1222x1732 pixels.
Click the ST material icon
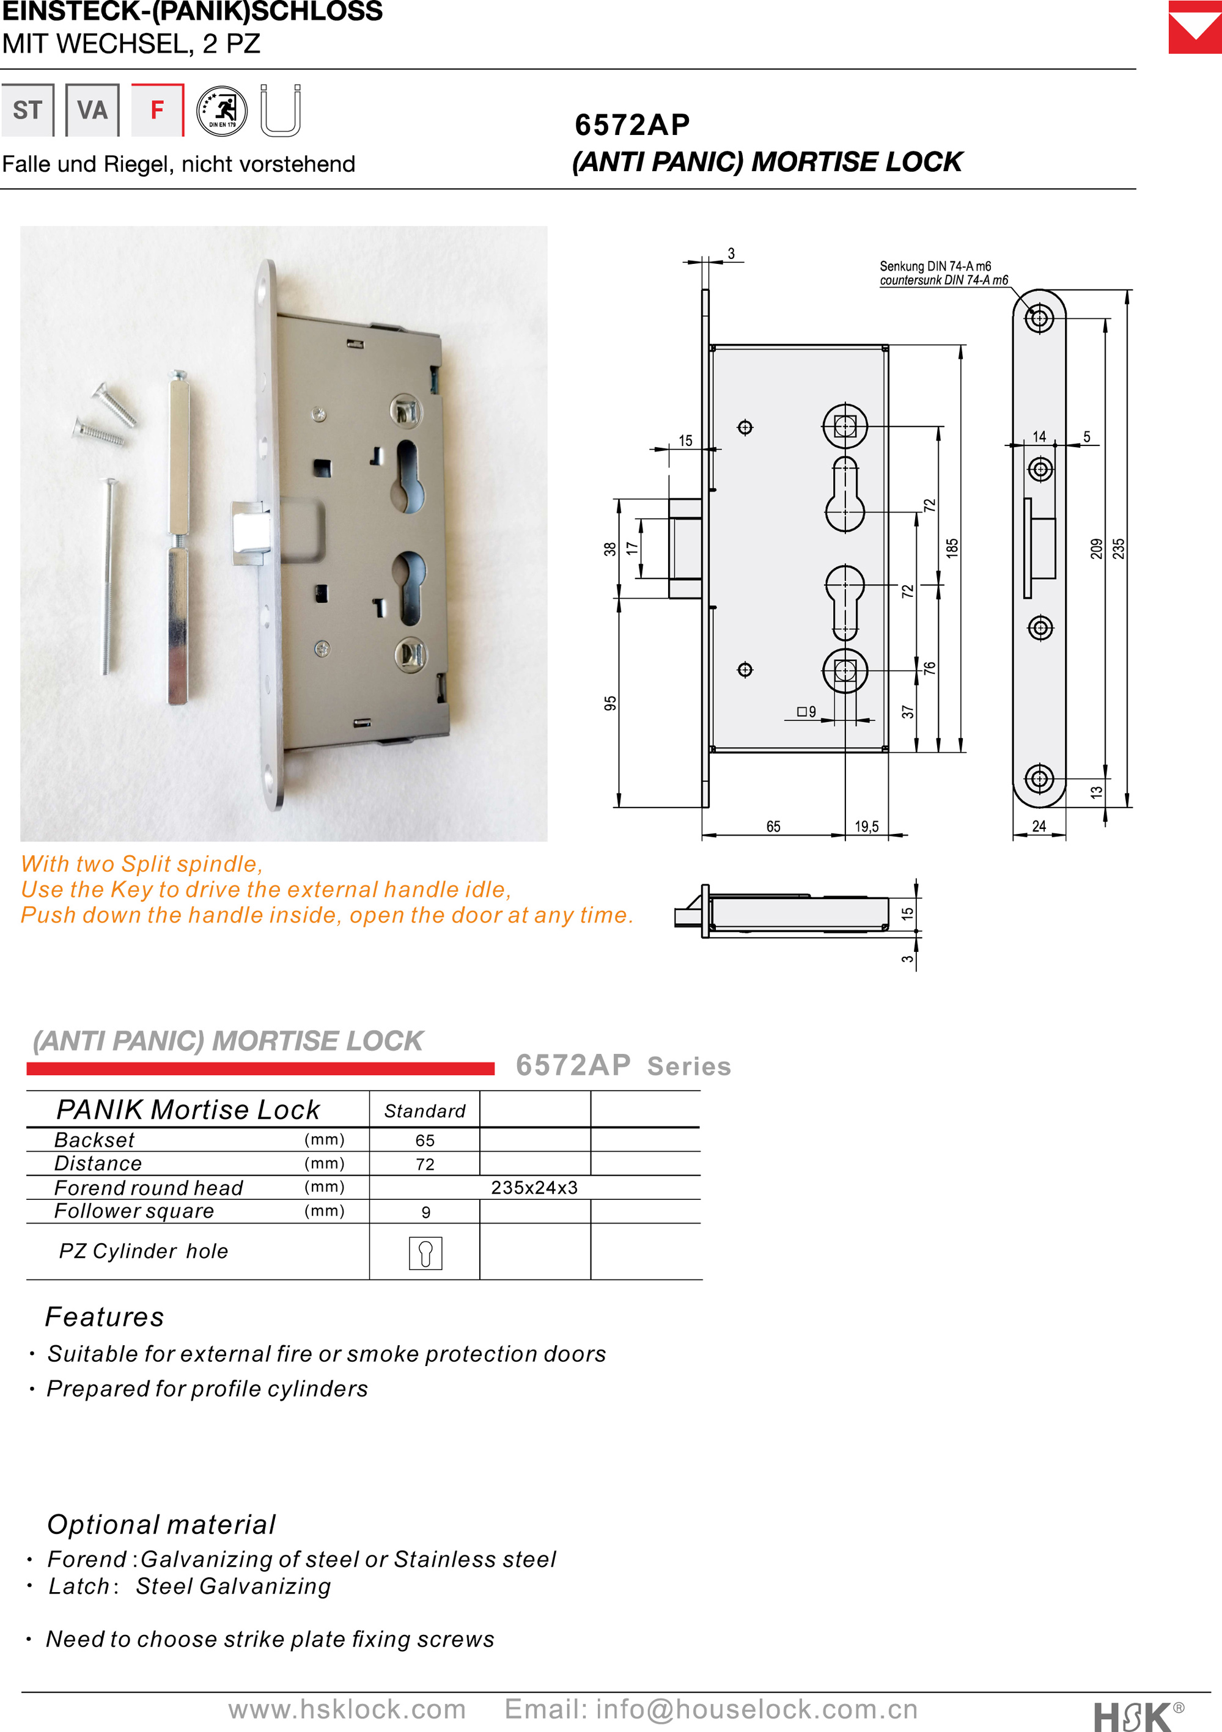click(27, 110)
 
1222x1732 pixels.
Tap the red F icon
click(157, 110)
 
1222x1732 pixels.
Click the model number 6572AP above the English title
click(631, 125)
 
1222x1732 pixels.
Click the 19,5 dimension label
click(866, 827)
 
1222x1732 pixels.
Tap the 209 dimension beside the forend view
click(1096, 549)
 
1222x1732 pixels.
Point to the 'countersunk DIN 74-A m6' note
click(943, 280)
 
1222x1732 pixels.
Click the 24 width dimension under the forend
click(1039, 826)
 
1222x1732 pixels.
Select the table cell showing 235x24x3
click(534, 1188)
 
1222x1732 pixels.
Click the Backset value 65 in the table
click(425, 1141)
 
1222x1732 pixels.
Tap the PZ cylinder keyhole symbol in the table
click(425, 1253)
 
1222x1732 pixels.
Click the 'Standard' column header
click(425, 1111)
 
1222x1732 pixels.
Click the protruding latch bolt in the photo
click(250, 532)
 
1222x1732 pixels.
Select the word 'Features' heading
click(104, 1317)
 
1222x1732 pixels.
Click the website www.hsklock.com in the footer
click(347, 1709)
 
